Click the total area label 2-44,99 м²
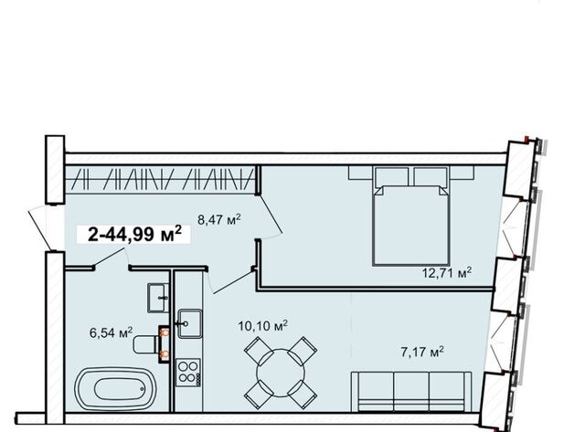coord(134,235)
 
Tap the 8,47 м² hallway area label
coord(219,219)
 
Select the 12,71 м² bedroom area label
coord(447,272)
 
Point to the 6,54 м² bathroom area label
coord(111,332)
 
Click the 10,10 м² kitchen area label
coord(262,326)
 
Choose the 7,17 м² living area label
coord(422,352)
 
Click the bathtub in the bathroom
coord(116,389)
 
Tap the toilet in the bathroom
coord(146,344)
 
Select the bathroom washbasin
coord(158,298)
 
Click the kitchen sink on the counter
coord(190,323)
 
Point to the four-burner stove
coord(188,373)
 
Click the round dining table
coord(281,373)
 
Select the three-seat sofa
coord(412,392)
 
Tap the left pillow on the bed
coord(391,176)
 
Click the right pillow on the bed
coord(431,176)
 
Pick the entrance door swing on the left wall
coord(40,228)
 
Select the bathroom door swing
coord(110,256)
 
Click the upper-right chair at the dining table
coord(303,351)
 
